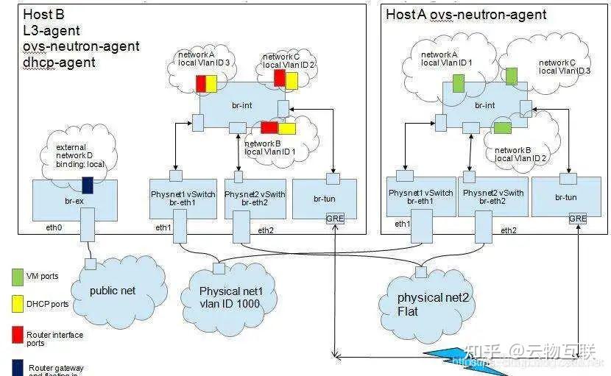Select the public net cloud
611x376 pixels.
point(112,290)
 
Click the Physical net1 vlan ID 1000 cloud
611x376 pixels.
point(230,296)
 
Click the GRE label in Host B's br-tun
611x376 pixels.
point(335,219)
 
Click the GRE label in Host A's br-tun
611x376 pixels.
point(578,219)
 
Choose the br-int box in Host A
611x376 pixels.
point(484,106)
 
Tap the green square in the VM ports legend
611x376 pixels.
point(16,276)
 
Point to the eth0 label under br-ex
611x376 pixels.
point(54,228)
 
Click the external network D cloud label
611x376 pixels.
point(81,156)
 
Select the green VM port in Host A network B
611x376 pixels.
point(502,128)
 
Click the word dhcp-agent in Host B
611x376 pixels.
point(59,63)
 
